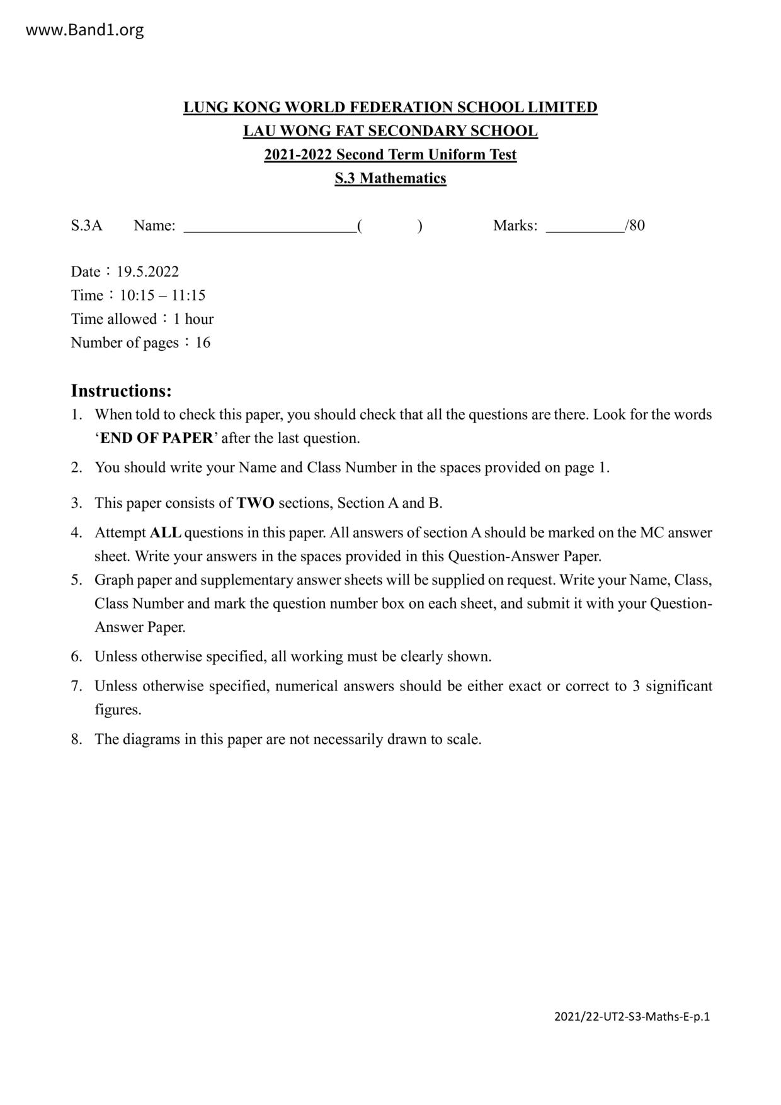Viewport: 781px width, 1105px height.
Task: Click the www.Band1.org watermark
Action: [84, 30]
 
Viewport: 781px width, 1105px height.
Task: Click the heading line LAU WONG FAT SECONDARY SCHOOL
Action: [390, 131]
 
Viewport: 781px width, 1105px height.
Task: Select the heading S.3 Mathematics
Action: [390, 178]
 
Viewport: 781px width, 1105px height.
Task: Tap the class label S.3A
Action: [86, 226]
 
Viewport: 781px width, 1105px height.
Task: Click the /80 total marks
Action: [635, 226]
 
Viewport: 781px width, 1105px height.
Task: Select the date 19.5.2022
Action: [147, 272]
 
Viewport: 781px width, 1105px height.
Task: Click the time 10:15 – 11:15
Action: [162, 295]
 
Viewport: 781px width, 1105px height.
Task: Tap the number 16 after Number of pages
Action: [203, 343]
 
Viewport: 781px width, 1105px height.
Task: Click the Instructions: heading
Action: [121, 391]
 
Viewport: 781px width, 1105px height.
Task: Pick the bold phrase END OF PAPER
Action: [157, 438]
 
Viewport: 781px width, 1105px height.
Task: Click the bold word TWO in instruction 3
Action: [255, 503]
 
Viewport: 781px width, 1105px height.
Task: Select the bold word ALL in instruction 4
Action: [165, 533]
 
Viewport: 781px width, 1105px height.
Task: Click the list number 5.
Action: [76, 580]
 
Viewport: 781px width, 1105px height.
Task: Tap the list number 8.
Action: [76, 740]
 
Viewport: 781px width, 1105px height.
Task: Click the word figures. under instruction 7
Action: [118, 710]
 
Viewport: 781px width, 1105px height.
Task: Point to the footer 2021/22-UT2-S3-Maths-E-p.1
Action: [632, 1016]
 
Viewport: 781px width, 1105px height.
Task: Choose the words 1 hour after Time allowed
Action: [193, 319]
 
